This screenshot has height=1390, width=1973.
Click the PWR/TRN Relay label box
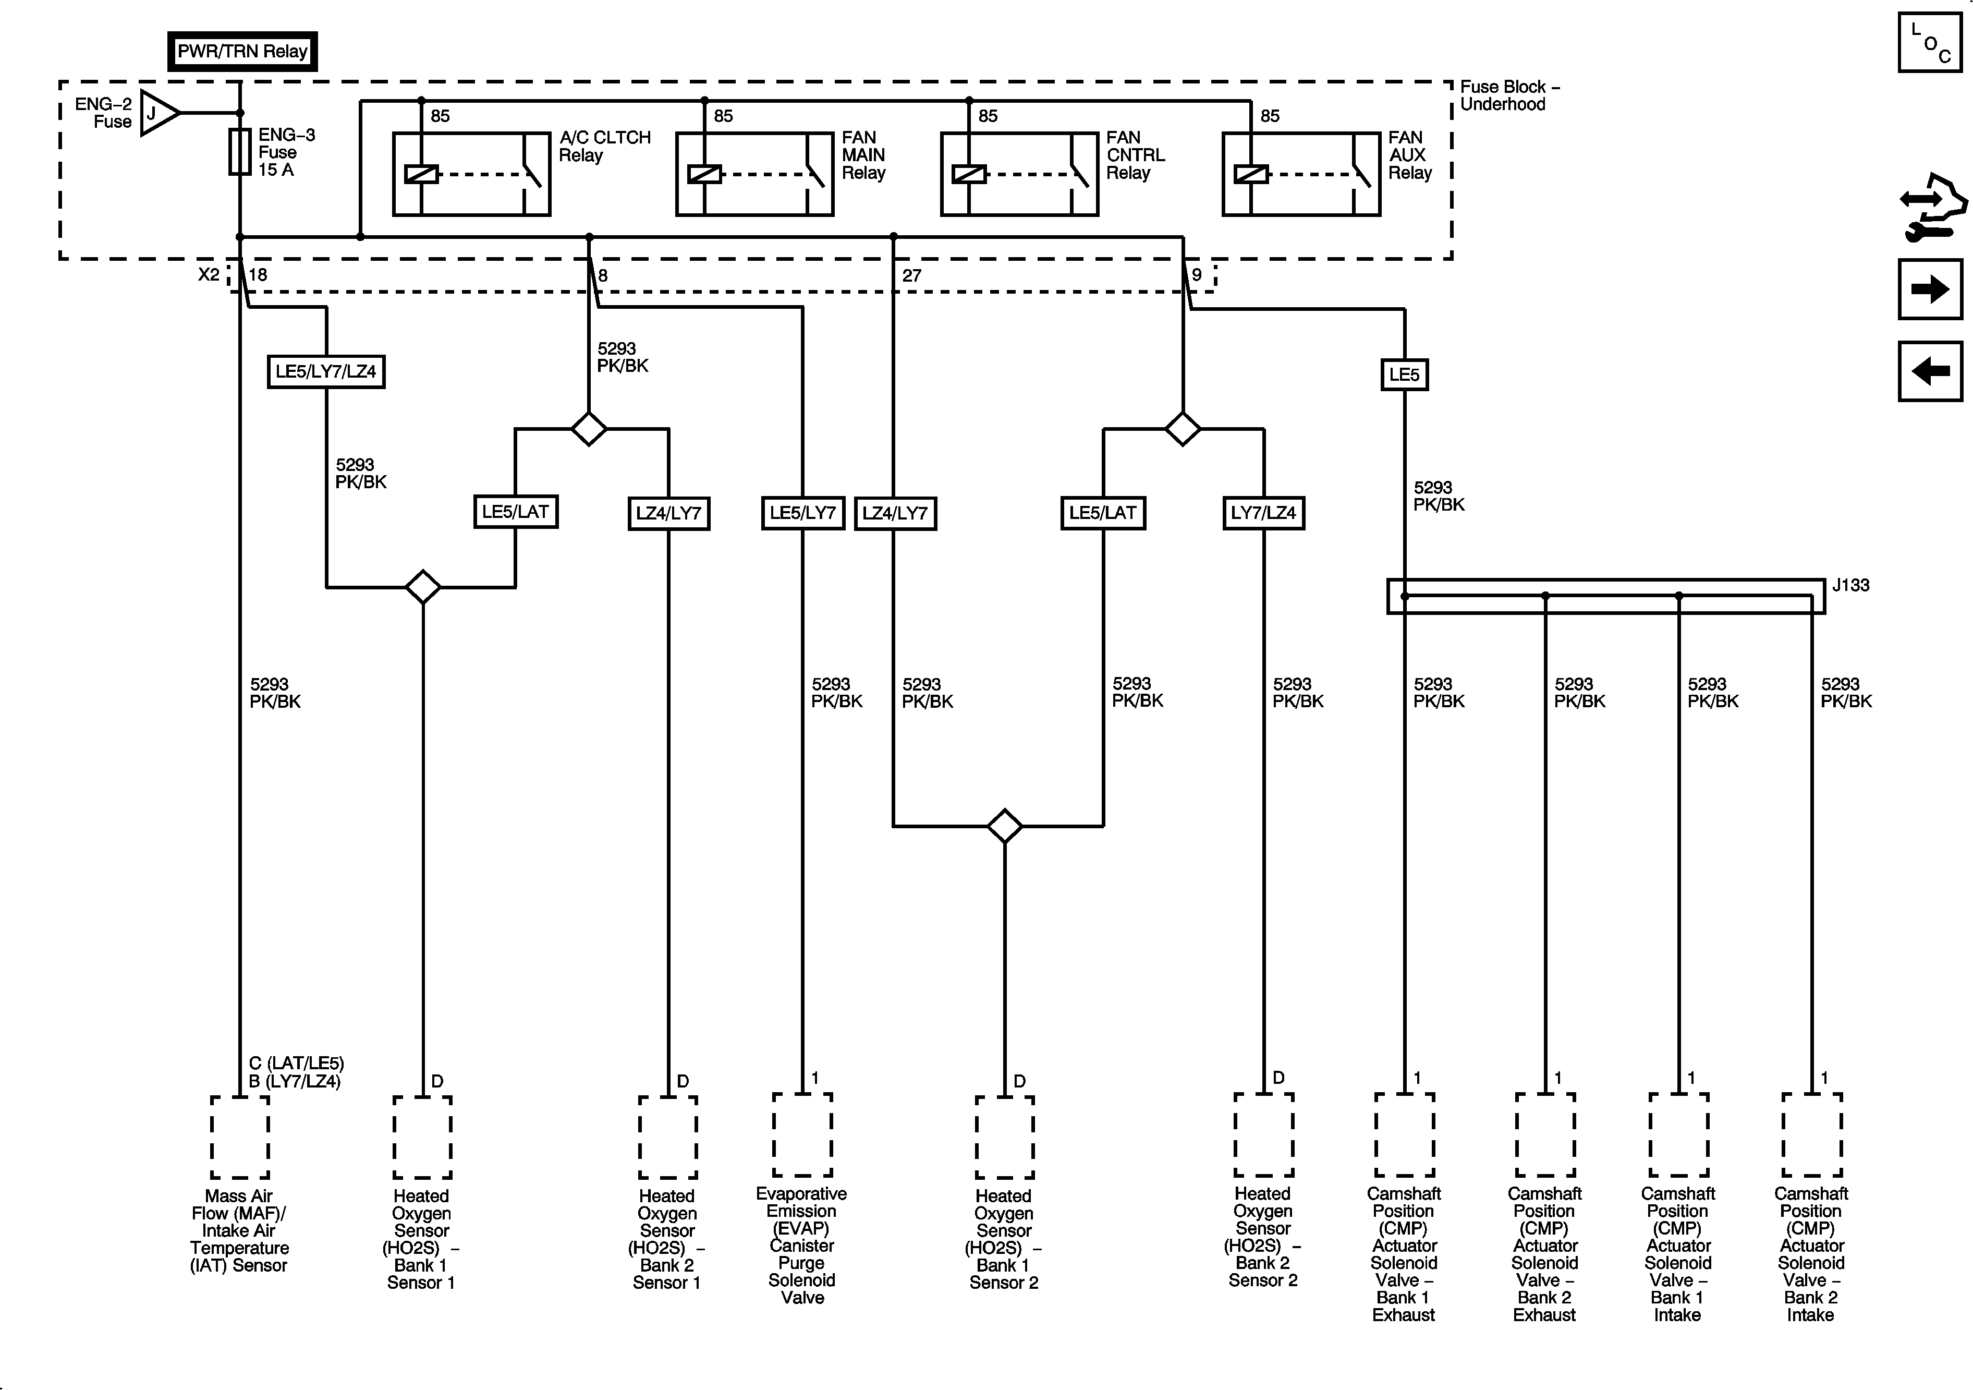point(242,52)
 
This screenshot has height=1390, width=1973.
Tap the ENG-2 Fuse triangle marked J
point(157,113)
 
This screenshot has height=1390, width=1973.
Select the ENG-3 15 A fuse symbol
point(240,152)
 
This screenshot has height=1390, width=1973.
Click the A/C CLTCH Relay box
point(471,174)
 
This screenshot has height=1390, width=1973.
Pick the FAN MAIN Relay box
point(754,174)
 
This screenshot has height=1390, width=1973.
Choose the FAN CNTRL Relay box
point(1019,174)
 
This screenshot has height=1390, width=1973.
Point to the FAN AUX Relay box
point(1301,174)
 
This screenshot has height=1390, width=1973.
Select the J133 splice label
point(1850,585)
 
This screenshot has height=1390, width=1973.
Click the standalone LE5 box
point(1404,375)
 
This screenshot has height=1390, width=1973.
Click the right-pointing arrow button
point(1930,289)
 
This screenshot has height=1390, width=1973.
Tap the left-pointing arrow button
point(1930,371)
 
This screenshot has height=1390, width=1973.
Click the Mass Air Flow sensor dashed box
point(240,1137)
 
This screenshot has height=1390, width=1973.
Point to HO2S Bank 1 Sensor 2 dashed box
point(1004,1137)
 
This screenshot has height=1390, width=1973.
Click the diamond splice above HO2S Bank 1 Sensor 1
point(423,587)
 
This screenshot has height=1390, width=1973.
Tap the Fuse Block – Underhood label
point(1509,95)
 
